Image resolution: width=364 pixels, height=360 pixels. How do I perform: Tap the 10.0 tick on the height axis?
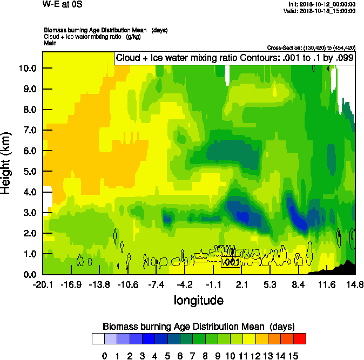(x=28, y=69)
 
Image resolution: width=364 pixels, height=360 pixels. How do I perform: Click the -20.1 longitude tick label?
(x=43, y=284)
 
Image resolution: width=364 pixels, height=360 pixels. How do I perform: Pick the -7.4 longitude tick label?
(x=156, y=284)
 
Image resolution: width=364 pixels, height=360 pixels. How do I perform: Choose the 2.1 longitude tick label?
(x=241, y=284)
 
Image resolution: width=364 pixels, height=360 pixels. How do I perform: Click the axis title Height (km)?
(x=6, y=162)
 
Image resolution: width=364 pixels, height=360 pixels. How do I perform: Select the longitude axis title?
(x=198, y=300)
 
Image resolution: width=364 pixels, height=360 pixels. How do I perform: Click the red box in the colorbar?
(x=300, y=339)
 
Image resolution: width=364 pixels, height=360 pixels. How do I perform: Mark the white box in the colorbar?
(x=98, y=339)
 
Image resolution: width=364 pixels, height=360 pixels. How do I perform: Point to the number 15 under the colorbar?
(x=293, y=356)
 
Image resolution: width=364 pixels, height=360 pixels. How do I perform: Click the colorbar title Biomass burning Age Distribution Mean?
(x=198, y=327)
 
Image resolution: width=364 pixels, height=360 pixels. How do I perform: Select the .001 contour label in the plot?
(x=231, y=262)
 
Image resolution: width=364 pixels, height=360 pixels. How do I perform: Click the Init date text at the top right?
(x=322, y=4)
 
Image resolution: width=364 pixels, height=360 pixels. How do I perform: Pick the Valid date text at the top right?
(x=321, y=10)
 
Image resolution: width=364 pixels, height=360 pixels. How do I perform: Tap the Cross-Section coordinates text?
(x=311, y=47)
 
